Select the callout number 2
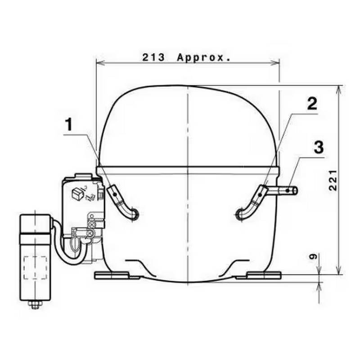coord(312,104)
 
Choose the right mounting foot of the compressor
coord(259,274)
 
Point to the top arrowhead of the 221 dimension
coord(337,88)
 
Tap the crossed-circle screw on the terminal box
coord(93,224)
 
